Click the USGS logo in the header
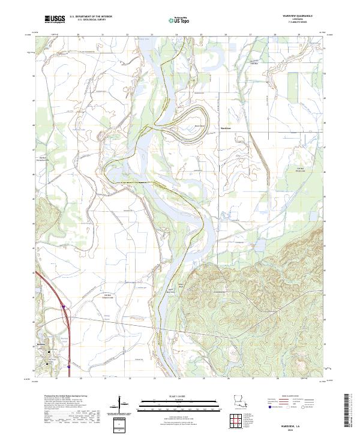click(x=55, y=19)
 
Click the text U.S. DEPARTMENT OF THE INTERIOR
click(x=91, y=16)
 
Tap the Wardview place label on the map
click(x=226, y=128)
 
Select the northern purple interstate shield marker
click(x=62, y=307)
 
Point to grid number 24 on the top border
click(x=176, y=35)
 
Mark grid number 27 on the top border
click(x=250, y=35)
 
